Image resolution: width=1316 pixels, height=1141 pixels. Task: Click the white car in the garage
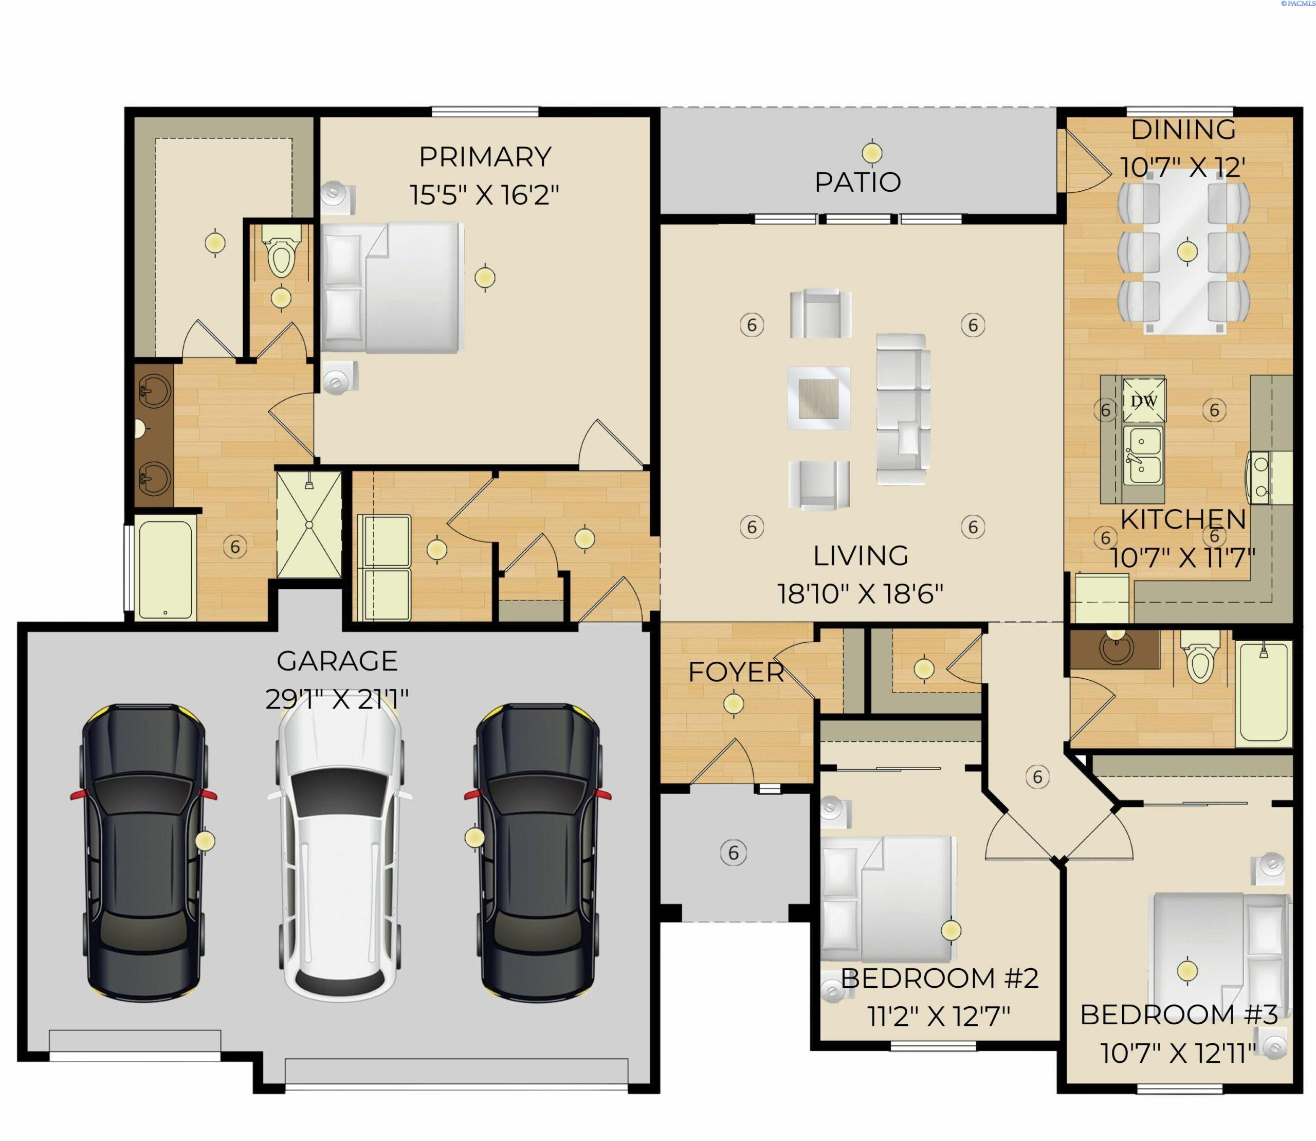pyautogui.click(x=338, y=853)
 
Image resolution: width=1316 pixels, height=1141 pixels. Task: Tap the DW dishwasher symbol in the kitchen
pyautogui.click(x=1143, y=401)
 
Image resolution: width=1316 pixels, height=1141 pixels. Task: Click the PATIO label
pyautogui.click(x=857, y=182)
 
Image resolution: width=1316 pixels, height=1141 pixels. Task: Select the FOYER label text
pyautogui.click(x=736, y=673)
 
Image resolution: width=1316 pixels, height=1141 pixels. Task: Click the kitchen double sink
pyautogui.click(x=1142, y=456)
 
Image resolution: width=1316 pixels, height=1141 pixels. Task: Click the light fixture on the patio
pyautogui.click(x=872, y=153)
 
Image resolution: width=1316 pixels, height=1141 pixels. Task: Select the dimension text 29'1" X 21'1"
pyautogui.click(x=337, y=700)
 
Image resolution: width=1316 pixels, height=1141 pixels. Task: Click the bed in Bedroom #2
pyautogui.click(x=888, y=900)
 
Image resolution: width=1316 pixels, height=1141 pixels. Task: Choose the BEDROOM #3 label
pyautogui.click(x=1178, y=1015)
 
